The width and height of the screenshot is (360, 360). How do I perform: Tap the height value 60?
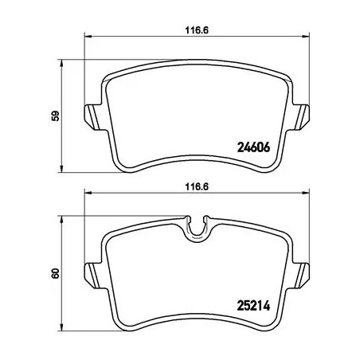pyautogui.click(x=53, y=273)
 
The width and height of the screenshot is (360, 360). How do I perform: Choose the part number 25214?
pyautogui.click(x=256, y=303)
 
